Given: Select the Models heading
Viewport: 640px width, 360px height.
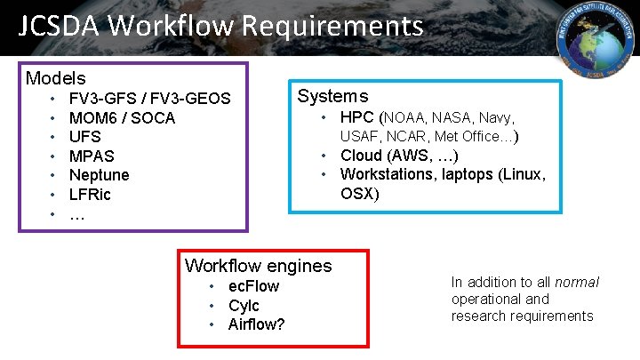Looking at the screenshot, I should [55, 78].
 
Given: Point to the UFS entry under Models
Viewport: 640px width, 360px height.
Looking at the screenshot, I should [84, 137].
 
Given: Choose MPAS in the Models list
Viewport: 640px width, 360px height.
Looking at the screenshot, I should [92, 156].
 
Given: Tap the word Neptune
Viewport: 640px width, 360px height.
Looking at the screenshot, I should [99, 175].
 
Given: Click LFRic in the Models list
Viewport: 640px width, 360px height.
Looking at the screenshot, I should [90, 195].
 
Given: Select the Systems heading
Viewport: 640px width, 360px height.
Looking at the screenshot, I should [332, 96].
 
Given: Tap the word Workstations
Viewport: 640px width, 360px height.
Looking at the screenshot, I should [387, 174].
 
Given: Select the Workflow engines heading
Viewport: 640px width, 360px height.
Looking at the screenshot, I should [258, 265].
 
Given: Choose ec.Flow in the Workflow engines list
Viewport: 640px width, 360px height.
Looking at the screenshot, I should [253, 286].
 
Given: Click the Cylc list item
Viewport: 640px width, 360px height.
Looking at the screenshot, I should [244, 305].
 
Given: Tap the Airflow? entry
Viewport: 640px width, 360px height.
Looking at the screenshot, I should [256, 324].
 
